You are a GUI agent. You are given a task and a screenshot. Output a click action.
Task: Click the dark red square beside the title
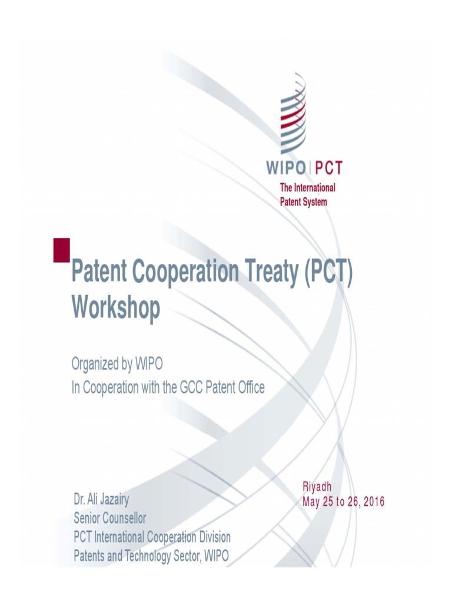[x=62, y=250]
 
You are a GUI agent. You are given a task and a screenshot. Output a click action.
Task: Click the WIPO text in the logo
[x=285, y=168]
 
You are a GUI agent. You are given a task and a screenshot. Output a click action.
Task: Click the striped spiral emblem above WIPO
[x=294, y=114]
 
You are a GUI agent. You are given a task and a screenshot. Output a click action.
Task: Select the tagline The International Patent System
[x=307, y=194]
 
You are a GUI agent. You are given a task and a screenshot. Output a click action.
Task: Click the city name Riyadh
[x=317, y=487]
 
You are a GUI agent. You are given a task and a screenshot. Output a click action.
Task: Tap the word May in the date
[x=311, y=502]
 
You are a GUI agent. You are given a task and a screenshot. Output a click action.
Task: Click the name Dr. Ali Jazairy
[x=101, y=501]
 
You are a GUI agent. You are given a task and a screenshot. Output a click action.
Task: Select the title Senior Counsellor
[x=109, y=519]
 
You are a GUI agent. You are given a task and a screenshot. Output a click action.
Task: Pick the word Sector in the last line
[x=182, y=555]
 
